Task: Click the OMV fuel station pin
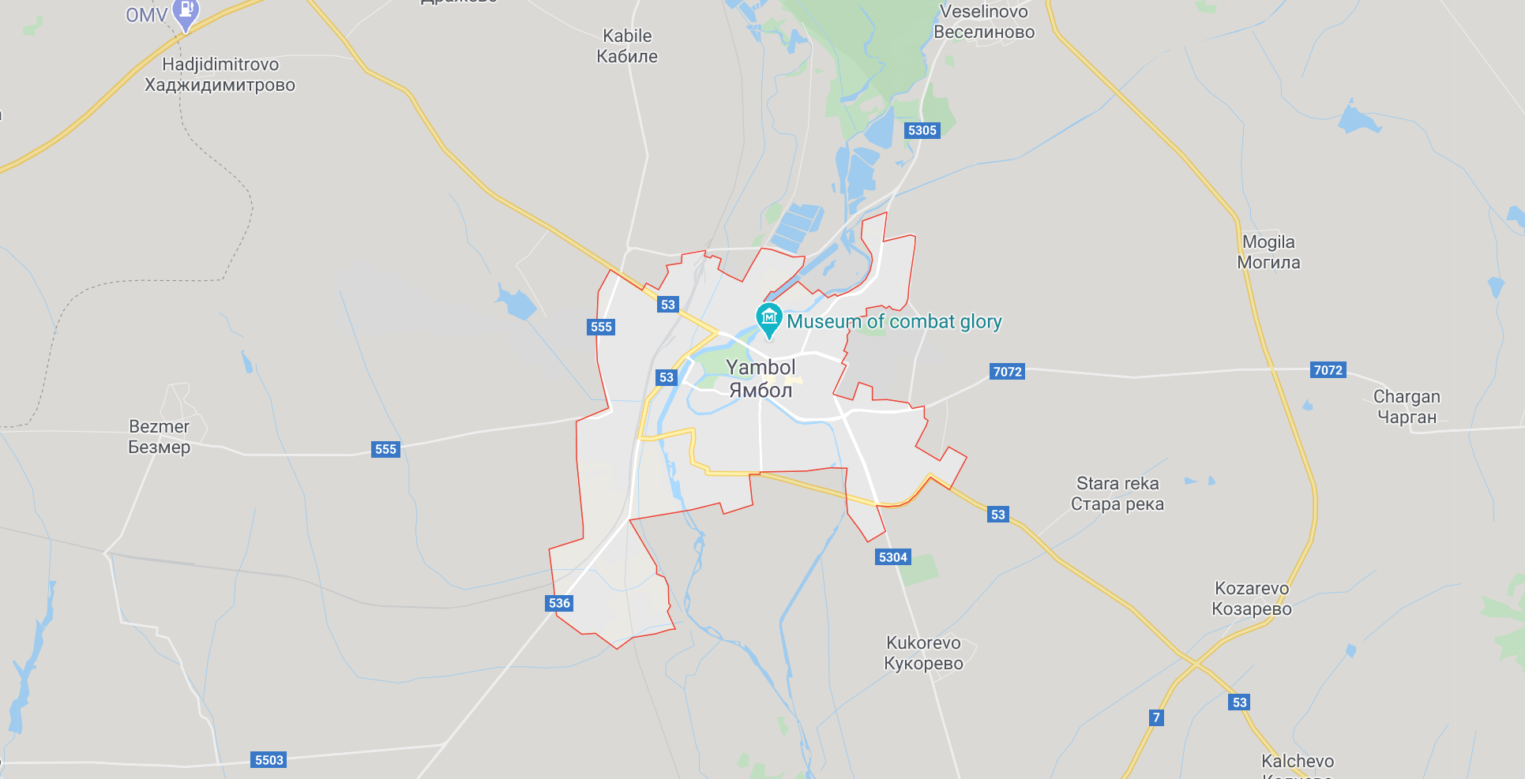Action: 186,13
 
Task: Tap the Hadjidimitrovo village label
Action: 220,74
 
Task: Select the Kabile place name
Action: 627,46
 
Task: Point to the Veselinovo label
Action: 984,21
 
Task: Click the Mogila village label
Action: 1268,252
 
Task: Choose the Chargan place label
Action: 1407,406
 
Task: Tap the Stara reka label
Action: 1117,493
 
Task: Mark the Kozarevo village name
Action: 1252,598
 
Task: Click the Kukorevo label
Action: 923,653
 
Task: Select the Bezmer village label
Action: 159,436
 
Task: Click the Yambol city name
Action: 761,378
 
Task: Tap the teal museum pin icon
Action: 768,319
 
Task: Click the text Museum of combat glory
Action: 894,321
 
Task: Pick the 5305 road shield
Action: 922,130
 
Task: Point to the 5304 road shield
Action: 893,557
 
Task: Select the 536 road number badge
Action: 559,603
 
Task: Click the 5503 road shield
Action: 269,760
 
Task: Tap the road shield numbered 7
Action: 1156,717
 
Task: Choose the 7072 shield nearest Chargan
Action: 1328,370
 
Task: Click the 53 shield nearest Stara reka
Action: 998,515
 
